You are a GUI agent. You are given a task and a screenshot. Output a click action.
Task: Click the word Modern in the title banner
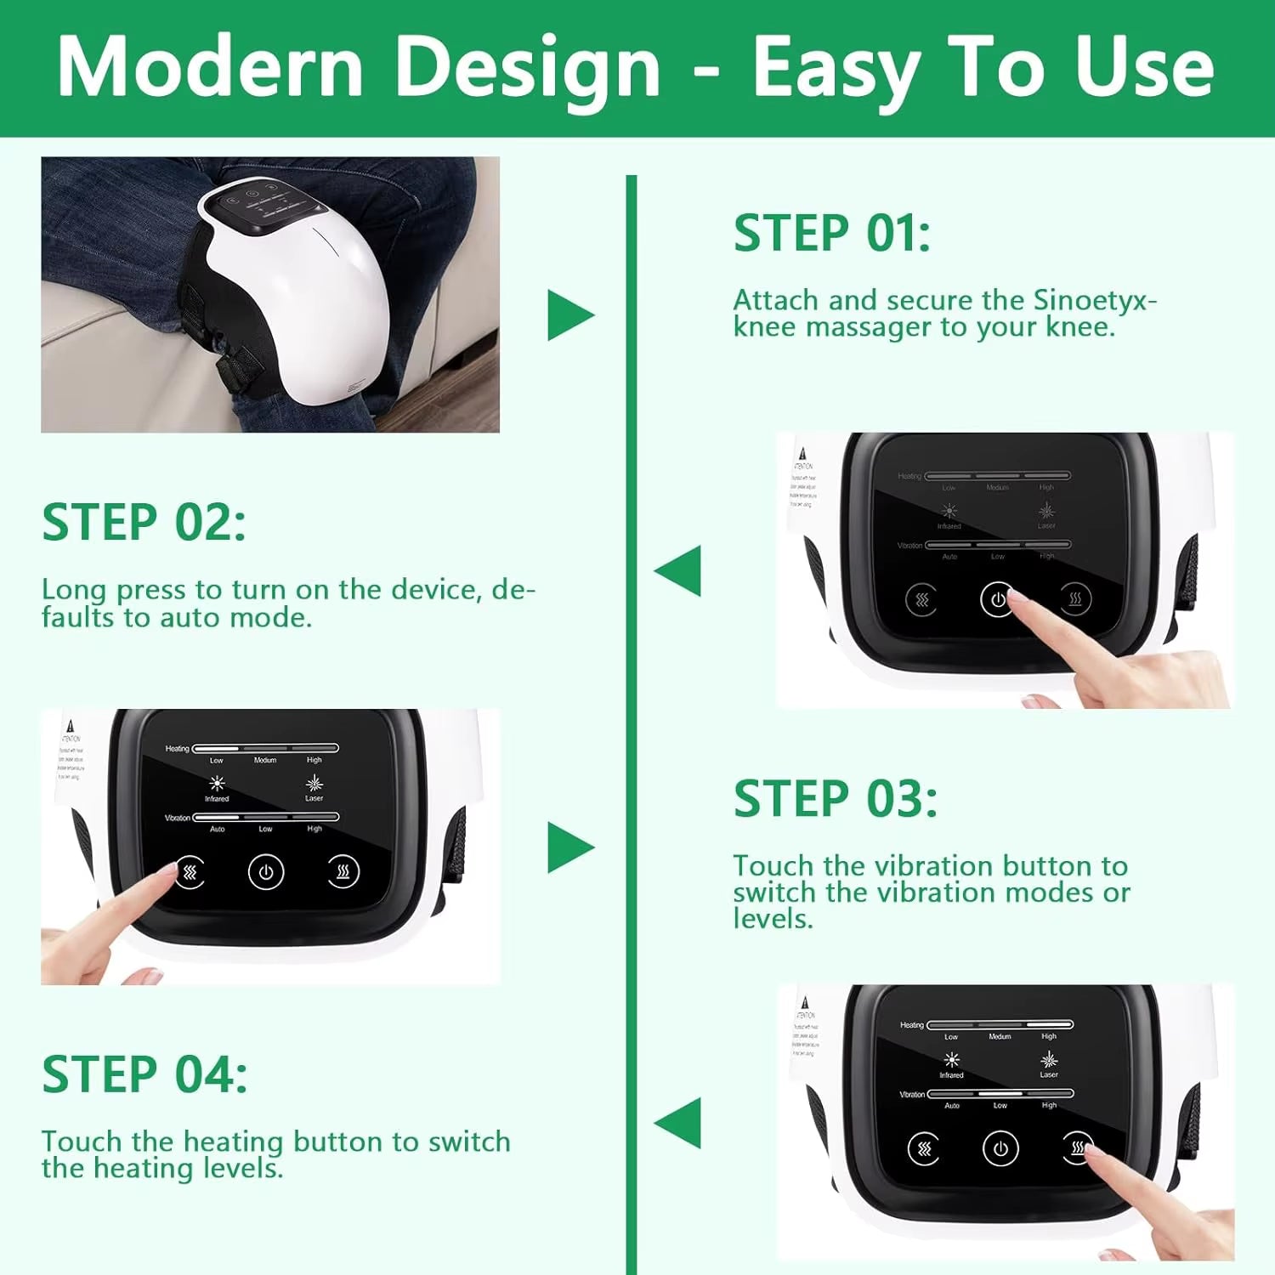(x=210, y=68)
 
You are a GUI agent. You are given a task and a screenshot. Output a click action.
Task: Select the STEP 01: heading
(x=831, y=234)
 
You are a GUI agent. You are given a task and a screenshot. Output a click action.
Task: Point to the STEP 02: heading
(x=144, y=522)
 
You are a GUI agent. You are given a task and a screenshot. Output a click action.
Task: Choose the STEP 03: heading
(x=835, y=799)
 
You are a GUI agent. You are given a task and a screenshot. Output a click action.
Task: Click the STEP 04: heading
(x=144, y=1074)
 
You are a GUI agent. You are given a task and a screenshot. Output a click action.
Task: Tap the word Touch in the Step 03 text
(x=773, y=866)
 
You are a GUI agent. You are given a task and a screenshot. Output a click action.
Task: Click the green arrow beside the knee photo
(x=569, y=315)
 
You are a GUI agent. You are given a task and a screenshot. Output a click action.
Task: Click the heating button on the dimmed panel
(x=1074, y=599)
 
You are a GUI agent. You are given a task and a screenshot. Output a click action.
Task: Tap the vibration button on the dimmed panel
(x=922, y=600)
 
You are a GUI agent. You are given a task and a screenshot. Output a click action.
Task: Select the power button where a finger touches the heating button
(x=1000, y=1149)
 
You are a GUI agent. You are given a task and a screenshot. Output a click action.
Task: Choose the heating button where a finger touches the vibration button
(x=343, y=872)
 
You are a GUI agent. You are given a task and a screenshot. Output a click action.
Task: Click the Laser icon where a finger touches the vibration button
(x=314, y=783)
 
